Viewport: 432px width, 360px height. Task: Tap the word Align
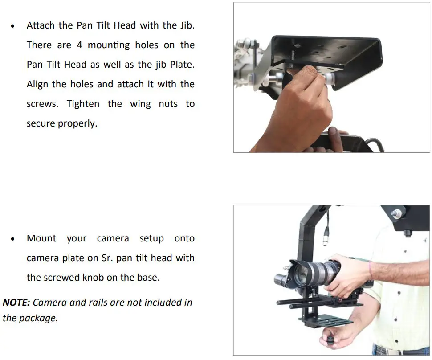[x=37, y=84]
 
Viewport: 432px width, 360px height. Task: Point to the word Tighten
[x=83, y=104]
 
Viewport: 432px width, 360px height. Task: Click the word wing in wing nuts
[x=140, y=104]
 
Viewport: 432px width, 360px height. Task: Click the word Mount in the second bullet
[x=41, y=238]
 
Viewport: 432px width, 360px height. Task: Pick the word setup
[x=151, y=238]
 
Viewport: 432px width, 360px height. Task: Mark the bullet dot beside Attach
[x=13, y=26]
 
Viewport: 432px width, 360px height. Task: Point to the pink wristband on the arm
[x=371, y=270]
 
